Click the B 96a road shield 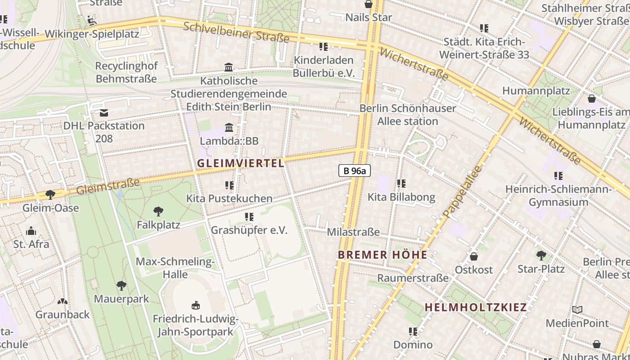[x=354, y=171]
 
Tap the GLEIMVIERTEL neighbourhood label [x=241, y=163]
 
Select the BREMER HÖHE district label [x=382, y=255]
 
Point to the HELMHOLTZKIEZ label [x=476, y=307]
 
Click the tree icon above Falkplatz [x=158, y=211]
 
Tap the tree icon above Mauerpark [x=121, y=285]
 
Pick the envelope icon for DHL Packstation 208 [x=104, y=112]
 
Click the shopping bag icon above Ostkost [x=473, y=256]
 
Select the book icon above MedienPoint [x=577, y=310]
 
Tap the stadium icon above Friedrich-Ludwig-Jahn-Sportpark [x=195, y=306]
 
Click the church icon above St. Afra [x=31, y=231]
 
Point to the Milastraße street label [x=353, y=232]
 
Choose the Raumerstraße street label [x=413, y=278]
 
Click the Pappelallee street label [x=462, y=192]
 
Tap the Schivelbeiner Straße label [x=236, y=32]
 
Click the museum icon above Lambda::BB [x=229, y=127]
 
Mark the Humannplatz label [x=536, y=91]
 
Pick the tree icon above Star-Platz [x=541, y=256]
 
